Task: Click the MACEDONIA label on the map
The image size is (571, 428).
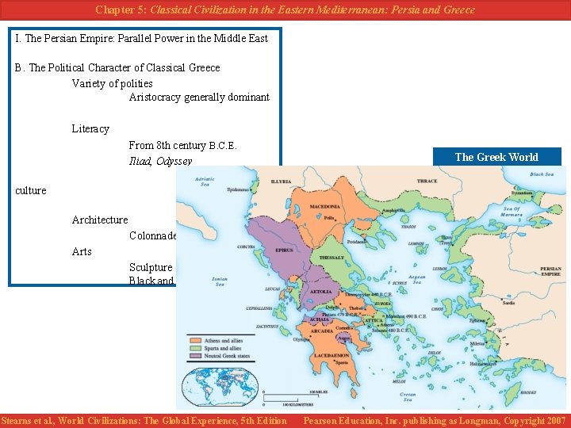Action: (x=324, y=207)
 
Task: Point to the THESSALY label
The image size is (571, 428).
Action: (x=331, y=258)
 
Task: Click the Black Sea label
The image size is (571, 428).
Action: (x=542, y=174)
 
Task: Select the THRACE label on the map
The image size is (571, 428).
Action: (x=427, y=181)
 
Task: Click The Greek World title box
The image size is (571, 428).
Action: (x=496, y=157)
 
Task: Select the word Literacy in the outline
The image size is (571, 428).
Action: (x=90, y=128)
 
